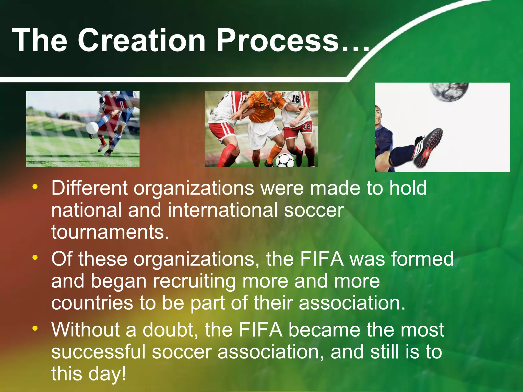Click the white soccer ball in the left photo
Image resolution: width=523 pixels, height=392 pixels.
92,127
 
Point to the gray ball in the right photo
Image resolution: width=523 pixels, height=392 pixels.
449,91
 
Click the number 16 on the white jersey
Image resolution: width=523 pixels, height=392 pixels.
295,99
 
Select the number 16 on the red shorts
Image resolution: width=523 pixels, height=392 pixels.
306,126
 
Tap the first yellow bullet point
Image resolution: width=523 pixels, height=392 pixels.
35,187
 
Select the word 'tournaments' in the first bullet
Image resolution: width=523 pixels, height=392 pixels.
110,232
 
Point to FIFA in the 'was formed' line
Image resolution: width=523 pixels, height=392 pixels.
322,259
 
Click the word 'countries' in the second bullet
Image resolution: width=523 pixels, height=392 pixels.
92,303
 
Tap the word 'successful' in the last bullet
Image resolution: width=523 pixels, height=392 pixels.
98,352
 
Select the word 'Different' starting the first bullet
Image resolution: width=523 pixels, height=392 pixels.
89,188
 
